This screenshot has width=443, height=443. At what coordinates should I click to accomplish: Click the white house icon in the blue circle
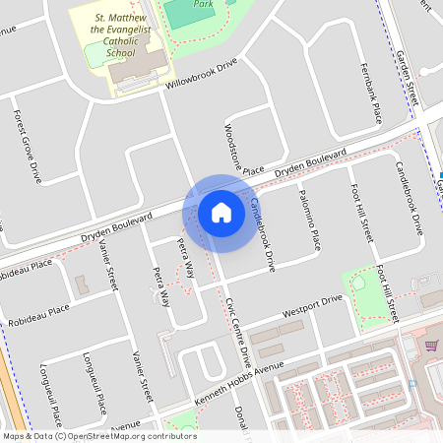221,212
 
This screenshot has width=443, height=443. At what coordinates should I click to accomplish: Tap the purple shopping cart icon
430,346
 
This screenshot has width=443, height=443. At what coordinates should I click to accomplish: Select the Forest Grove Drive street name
27,145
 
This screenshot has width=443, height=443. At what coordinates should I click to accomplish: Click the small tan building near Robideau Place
81,285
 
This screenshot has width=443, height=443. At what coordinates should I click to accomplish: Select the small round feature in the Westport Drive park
357,284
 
